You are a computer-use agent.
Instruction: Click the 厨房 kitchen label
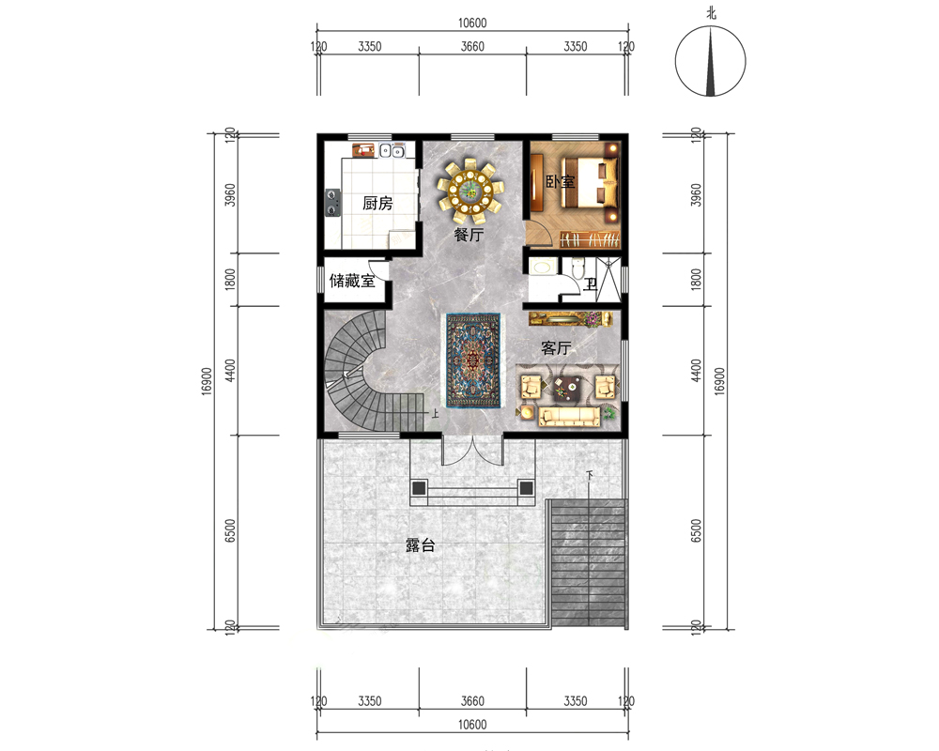tap(377, 204)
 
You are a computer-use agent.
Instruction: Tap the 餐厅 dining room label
tap(469, 235)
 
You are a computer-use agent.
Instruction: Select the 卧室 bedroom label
tap(560, 181)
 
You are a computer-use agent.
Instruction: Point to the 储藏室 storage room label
tap(352, 281)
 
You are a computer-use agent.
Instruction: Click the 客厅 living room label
tap(556, 348)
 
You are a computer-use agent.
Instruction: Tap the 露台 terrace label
tap(420, 545)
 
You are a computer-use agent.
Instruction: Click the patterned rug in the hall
tap(473, 361)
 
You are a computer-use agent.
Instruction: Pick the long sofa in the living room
tap(570, 416)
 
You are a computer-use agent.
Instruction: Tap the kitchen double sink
tap(392, 150)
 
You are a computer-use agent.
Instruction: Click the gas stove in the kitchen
tap(332, 203)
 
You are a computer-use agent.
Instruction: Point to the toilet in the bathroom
tap(577, 268)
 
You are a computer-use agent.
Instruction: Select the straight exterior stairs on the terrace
tap(588, 563)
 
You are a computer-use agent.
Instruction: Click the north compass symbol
tap(710, 60)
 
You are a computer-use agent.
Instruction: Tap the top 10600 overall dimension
tap(472, 23)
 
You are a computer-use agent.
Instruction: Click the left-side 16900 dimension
tap(207, 381)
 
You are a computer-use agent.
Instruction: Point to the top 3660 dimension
tap(472, 46)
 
